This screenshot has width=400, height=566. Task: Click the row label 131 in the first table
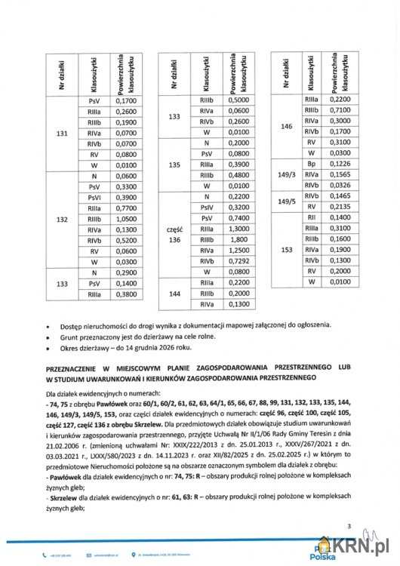[63, 134]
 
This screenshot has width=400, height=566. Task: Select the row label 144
[174, 292]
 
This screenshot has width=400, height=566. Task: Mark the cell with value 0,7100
[343, 110]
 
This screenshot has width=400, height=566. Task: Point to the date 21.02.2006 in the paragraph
[63, 426]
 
